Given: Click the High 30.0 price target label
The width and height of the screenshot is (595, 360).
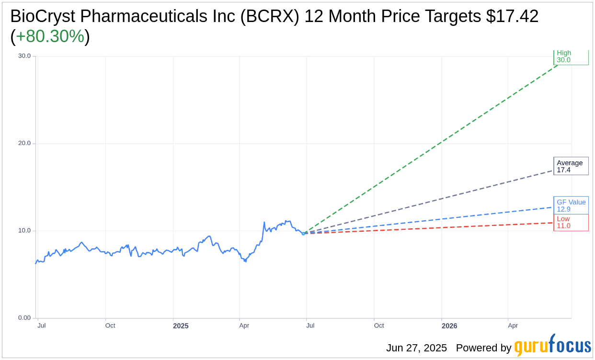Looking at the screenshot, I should point(571,57).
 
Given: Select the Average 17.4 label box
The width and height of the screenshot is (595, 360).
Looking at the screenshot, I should point(571,166).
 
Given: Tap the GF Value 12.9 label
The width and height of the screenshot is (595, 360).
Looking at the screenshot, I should point(571,205).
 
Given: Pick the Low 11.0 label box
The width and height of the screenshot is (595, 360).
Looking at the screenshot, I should point(571,223).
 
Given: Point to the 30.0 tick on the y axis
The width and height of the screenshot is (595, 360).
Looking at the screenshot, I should point(24,56).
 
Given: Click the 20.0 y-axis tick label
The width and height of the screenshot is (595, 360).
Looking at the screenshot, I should point(24,143).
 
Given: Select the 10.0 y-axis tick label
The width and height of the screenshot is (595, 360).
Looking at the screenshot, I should point(24,230).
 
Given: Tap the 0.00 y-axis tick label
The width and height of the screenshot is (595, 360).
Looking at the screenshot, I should point(24,318).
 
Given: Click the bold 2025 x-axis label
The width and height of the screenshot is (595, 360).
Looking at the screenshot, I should point(181,326).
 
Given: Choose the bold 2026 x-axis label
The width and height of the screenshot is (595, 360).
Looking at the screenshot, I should point(449,326).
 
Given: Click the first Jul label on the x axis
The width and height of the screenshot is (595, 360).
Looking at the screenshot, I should point(42,326).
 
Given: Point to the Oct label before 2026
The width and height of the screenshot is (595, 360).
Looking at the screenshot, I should point(379,326).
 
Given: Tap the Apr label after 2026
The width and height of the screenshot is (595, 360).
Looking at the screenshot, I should point(513,326).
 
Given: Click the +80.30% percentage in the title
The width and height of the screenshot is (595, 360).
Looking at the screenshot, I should point(50,36).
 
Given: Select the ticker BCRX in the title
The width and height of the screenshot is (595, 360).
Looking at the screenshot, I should point(269,16).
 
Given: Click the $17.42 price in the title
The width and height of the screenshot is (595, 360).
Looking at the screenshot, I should point(512,16).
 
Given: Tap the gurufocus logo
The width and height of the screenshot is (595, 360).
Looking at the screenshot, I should point(552,346).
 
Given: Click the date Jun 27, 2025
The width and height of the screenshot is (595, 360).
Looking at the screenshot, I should point(416,348).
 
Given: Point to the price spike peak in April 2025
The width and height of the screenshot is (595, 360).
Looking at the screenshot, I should point(264,222).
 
